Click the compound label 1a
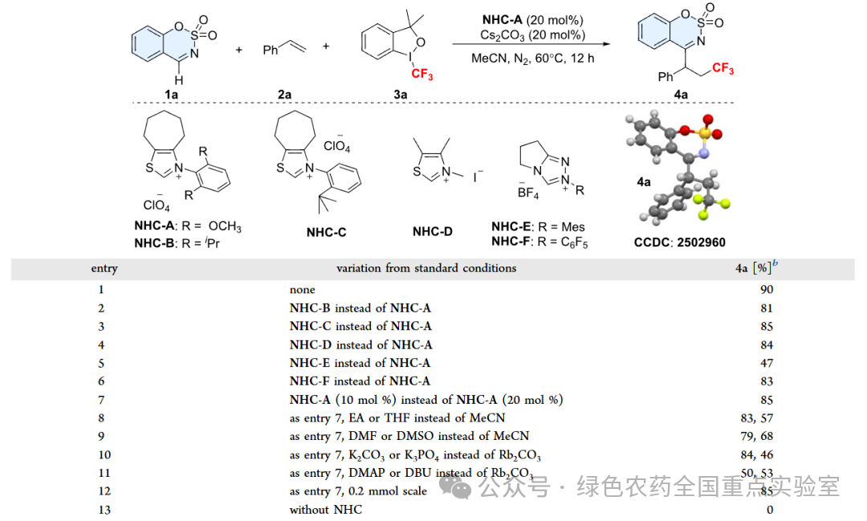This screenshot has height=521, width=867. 172,94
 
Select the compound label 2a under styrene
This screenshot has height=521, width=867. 284,94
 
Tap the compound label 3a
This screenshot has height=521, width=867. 399,94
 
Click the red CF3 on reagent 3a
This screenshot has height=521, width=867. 422,75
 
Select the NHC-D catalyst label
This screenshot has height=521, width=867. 433,231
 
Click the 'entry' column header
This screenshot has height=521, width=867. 104,268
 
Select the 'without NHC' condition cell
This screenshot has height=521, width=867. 326,510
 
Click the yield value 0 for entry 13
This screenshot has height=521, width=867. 769,510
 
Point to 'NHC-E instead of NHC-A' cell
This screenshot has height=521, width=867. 360,363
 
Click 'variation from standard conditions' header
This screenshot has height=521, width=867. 426,268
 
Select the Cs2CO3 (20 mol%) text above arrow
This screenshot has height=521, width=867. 527,35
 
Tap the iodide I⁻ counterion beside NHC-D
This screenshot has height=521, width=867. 476,174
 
